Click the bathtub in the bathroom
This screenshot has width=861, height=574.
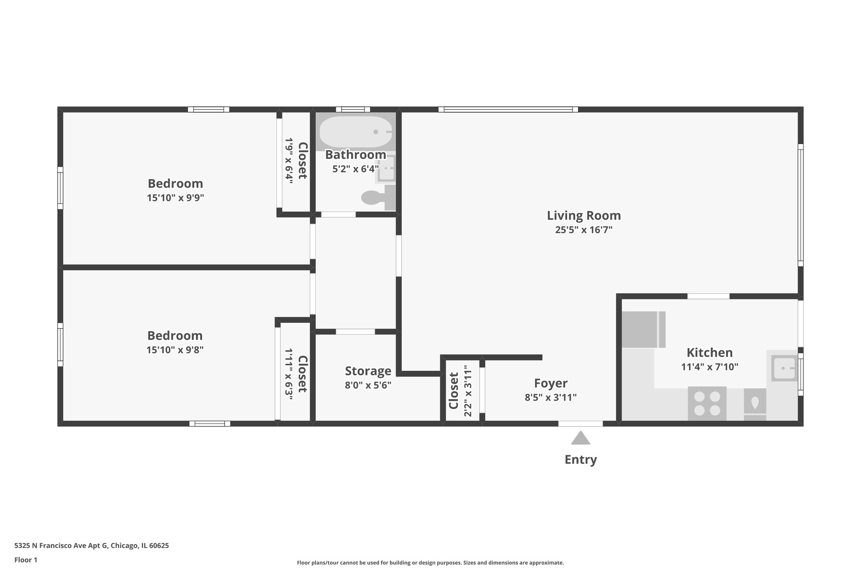(356, 132)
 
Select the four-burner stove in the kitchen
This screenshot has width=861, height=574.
(707, 403)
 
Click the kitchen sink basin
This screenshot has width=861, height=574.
(784, 368)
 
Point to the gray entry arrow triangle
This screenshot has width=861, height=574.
(581, 439)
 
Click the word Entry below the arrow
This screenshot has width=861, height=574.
(581, 460)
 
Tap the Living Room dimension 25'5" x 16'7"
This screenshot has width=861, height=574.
(584, 230)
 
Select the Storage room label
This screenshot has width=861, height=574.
(368, 371)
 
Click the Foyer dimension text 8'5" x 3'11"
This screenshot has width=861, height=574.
(550, 397)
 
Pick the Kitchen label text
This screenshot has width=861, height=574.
(709, 352)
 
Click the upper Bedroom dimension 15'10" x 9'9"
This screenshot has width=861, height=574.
(175, 198)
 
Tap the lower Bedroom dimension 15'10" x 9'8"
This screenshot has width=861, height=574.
(175, 350)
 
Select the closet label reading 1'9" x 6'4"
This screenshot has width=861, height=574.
(289, 159)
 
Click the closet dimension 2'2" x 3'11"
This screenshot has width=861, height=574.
(468, 391)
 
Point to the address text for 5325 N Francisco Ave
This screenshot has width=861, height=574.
(92, 546)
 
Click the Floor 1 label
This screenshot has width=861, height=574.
(26, 560)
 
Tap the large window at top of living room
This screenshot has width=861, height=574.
(508, 109)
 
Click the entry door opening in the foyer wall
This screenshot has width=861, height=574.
(581, 423)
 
